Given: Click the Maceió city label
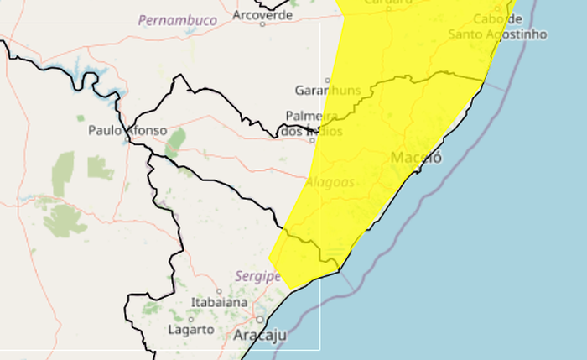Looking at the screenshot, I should coord(416,158).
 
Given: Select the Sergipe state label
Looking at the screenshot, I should coord(257,275).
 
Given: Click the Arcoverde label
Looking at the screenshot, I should coord(262,13).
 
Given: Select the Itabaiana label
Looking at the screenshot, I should coord(220,302).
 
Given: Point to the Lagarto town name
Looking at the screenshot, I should coord(190,329).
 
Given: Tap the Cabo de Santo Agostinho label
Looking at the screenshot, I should coord(497,27).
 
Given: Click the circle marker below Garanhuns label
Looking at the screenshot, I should coord(327,81).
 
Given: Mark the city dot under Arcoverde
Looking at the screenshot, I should coord(262,24).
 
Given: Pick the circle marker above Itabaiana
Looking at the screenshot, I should coord(219,291).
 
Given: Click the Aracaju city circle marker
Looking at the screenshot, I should coord(261,320).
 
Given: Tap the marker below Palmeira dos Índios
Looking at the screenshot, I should coord(312,141).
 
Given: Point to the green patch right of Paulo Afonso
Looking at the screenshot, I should coord(175,143).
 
